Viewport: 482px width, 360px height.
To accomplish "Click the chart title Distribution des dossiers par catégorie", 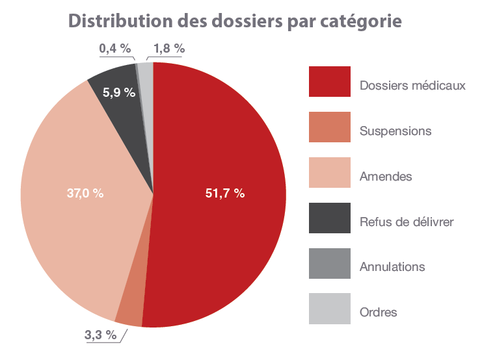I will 235,21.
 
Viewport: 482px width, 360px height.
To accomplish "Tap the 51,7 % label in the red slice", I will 224,193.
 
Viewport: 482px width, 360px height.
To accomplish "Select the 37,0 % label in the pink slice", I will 85,193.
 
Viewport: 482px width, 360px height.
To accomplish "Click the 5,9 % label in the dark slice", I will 119,92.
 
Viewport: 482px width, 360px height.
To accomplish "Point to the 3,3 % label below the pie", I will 101,335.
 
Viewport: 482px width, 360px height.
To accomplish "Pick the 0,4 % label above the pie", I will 114,49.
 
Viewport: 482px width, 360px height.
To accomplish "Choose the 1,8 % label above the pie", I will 169,49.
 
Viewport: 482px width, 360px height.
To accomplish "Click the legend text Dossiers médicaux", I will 412,86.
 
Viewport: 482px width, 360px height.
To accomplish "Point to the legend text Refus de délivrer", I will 406,222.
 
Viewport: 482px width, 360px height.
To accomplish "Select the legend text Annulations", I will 392,267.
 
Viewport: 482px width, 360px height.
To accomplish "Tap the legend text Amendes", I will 386,177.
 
